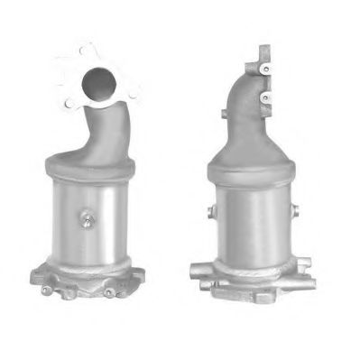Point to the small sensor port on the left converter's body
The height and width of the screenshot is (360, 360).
click(x=87, y=216)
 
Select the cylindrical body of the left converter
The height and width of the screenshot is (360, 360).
click(x=90, y=217)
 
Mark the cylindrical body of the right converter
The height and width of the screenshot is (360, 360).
click(x=254, y=221)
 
